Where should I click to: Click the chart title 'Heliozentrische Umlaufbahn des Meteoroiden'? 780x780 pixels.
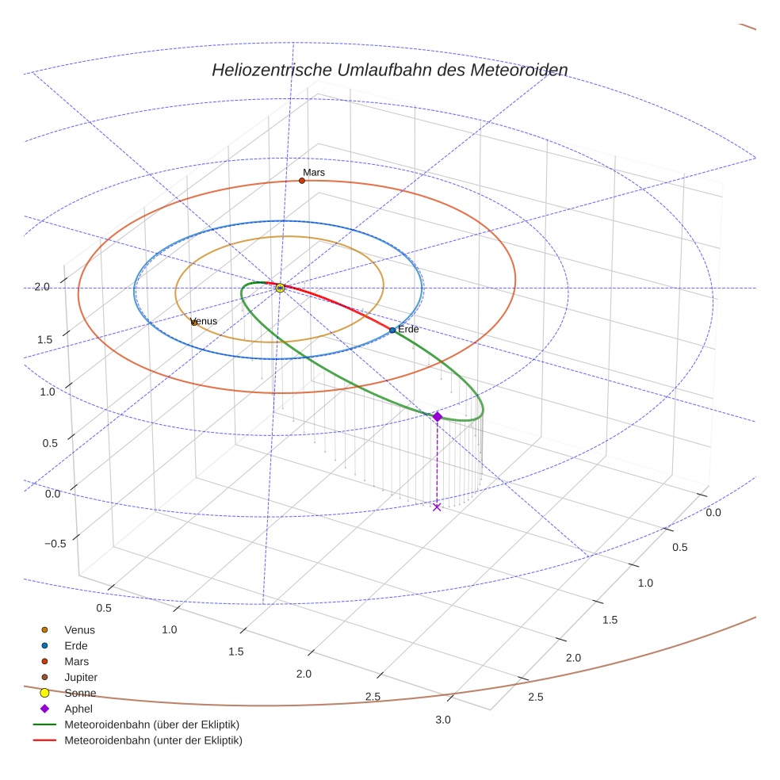coord(389,71)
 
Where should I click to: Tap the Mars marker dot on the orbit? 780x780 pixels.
coord(302,181)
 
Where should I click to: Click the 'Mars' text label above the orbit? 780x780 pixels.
coord(314,172)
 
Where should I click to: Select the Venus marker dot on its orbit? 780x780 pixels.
coord(194,323)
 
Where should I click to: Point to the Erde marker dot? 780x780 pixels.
coord(392,330)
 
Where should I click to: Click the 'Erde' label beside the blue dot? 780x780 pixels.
coord(408,329)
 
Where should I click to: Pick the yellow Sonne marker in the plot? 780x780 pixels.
coord(280,288)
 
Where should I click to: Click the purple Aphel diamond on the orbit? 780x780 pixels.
coord(437,416)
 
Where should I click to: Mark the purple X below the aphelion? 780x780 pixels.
coord(437,507)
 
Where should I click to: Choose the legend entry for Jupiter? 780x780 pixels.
coord(80,677)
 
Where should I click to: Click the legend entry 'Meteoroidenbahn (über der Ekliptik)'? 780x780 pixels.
coord(151,725)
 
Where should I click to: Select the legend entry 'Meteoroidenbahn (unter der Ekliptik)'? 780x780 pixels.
coord(153,740)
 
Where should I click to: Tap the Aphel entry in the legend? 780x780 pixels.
coord(78,709)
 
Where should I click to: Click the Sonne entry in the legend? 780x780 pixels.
coord(80,693)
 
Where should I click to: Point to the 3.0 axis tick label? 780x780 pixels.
coord(442,720)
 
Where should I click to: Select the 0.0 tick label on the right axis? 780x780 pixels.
coord(713,513)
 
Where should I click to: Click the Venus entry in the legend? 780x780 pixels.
coord(79,629)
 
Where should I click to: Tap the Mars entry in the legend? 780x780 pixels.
coord(76,661)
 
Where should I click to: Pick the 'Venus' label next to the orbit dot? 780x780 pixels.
coord(205,321)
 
